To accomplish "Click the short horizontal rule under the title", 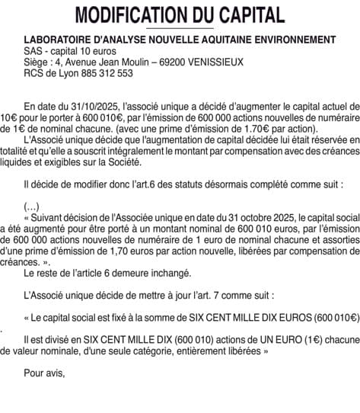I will tap(180, 28).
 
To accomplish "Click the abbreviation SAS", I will tap(33, 50).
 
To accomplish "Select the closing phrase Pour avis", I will tap(44, 373).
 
